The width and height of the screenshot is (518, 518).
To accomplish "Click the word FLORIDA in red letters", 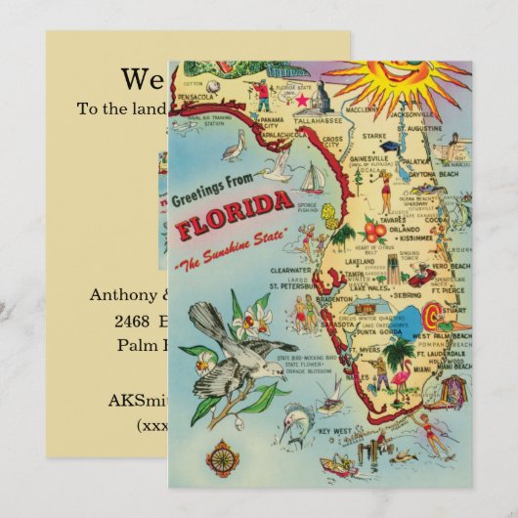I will click(x=235, y=217).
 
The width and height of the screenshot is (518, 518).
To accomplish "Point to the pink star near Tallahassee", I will click(x=302, y=101).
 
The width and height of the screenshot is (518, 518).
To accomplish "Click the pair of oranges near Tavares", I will click(x=374, y=231).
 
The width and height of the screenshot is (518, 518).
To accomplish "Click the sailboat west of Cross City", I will click(x=312, y=179).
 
